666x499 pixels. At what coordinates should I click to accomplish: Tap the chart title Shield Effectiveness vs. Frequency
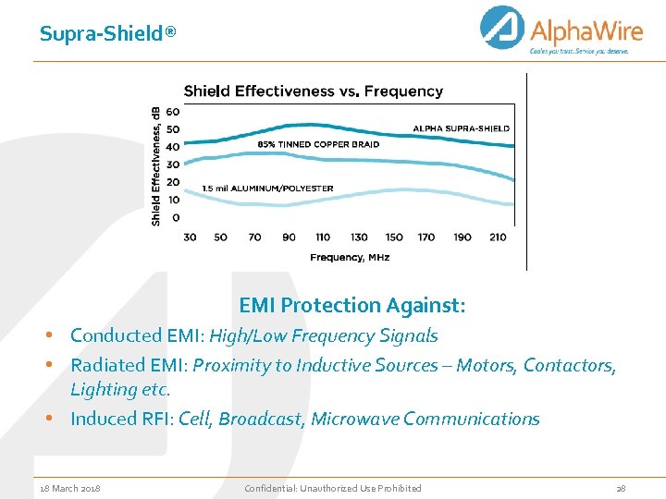pos(314,91)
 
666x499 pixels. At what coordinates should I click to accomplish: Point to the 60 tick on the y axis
pos(173,112)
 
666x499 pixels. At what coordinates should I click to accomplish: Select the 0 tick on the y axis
pos(176,218)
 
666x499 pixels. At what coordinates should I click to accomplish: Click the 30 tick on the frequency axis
pos(190,237)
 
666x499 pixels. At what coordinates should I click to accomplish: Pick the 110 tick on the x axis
pos(324,237)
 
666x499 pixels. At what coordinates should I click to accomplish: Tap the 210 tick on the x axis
pos(498,237)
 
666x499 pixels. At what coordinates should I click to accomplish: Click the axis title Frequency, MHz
pos(350,257)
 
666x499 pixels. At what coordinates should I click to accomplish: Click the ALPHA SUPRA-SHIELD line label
pos(461,128)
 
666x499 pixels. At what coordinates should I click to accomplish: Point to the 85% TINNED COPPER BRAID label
pos(318,144)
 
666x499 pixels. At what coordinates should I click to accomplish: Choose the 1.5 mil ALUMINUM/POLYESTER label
pos(267,189)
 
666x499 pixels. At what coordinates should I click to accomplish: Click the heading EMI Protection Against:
pos(351,305)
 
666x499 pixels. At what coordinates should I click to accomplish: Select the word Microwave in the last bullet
pos(353,419)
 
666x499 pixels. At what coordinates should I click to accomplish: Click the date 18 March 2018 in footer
pos(70,488)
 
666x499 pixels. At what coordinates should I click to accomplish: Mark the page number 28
pos(620,488)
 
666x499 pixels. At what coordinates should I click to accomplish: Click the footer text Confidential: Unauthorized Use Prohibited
pos(332,488)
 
